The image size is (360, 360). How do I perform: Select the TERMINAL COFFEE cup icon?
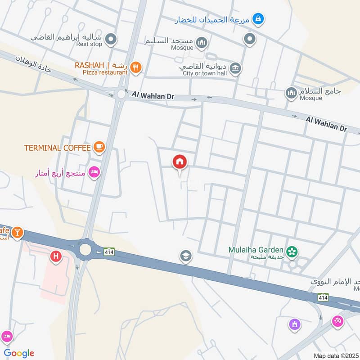tap(99, 147)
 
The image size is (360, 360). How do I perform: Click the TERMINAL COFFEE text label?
tap(57, 148)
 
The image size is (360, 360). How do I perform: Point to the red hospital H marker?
tap(56, 256)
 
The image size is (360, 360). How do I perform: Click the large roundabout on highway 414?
tap(85, 249)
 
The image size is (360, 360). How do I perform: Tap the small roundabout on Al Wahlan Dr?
tap(120, 94)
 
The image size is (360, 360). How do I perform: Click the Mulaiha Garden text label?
tap(256, 250)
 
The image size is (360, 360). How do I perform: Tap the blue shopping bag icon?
tap(258, 19)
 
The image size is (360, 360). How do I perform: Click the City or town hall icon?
tap(235, 68)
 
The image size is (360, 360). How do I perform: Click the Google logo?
tap(19, 353)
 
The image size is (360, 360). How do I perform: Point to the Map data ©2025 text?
tap(335, 355)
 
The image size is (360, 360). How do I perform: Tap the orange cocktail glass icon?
tap(17, 232)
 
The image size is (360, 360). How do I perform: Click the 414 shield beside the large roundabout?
tap(109, 253)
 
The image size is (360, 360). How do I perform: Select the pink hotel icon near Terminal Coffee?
tap(94, 173)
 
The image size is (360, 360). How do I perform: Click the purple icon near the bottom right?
tap(294, 324)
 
